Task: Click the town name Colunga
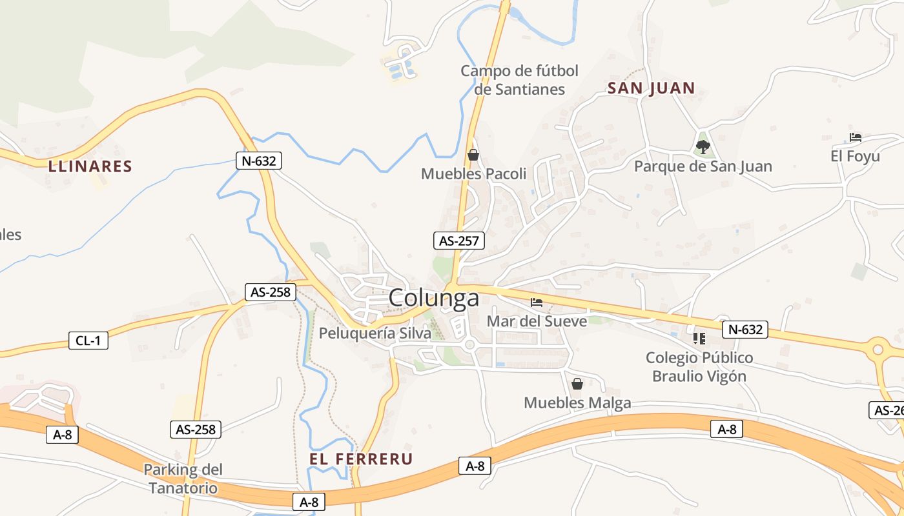point(434,298)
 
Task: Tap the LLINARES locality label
point(90,166)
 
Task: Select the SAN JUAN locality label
point(651,88)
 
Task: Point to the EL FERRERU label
point(361,459)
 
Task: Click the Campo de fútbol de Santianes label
point(519,80)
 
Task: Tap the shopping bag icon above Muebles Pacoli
point(473,155)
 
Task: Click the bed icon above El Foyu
point(856,137)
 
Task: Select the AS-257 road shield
point(458,241)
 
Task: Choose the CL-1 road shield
point(88,341)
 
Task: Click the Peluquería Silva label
point(375,333)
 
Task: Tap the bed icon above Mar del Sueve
point(537,302)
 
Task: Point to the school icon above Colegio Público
point(699,338)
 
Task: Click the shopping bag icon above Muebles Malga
point(577,384)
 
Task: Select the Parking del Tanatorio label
point(183,479)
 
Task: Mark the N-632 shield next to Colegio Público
point(745,330)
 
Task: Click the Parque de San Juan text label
point(703,166)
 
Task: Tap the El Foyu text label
point(855,157)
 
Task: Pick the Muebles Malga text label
point(577,403)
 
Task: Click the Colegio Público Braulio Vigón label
point(699,367)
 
